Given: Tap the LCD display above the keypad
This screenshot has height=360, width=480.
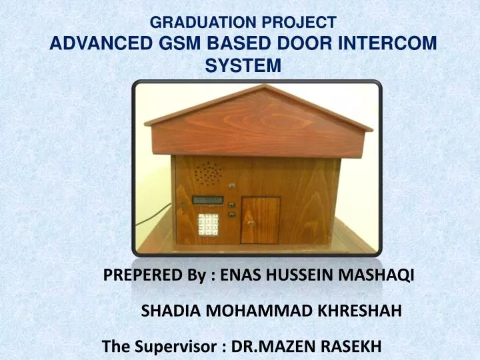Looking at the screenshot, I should click(x=207, y=199).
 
